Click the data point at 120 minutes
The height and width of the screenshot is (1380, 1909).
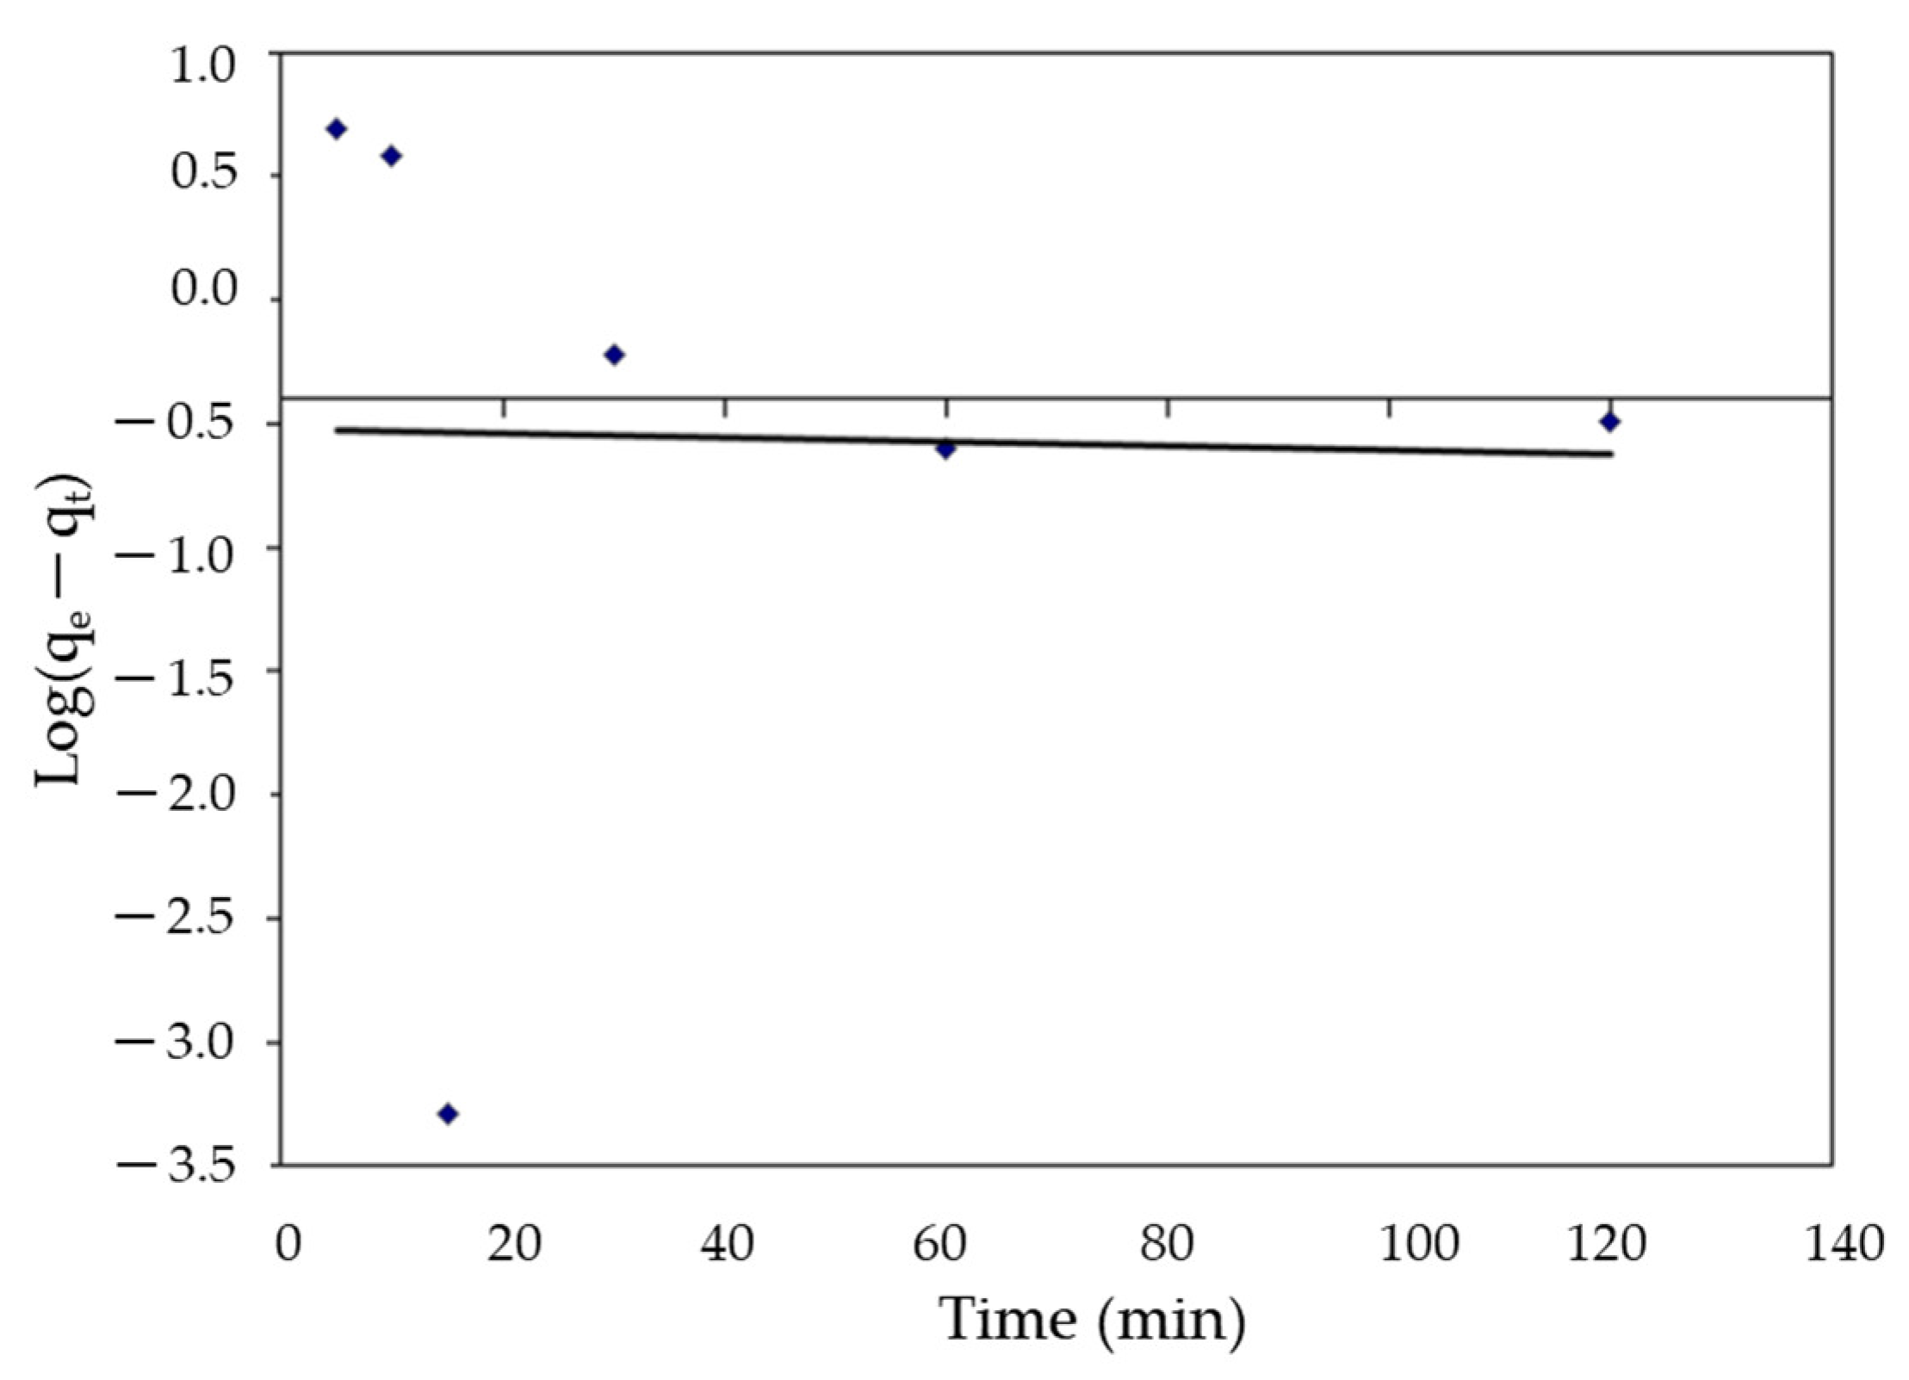click(1609, 422)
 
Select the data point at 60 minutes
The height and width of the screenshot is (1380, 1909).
click(945, 449)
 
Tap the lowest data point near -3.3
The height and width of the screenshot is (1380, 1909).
click(447, 1114)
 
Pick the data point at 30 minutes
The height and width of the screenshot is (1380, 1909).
click(614, 355)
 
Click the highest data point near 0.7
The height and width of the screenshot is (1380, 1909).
click(337, 129)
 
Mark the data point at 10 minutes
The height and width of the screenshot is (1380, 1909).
click(391, 156)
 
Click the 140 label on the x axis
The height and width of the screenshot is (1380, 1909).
click(1844, 1244)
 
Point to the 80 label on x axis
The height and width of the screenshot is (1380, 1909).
click(1167, 1244)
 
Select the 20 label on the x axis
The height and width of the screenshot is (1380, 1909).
click(513, 1244)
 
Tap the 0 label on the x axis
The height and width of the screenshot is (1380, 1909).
click(288, 1244)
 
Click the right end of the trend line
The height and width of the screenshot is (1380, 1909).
click(1610, 454)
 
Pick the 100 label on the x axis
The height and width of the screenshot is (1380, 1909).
click(1419, 1244)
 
